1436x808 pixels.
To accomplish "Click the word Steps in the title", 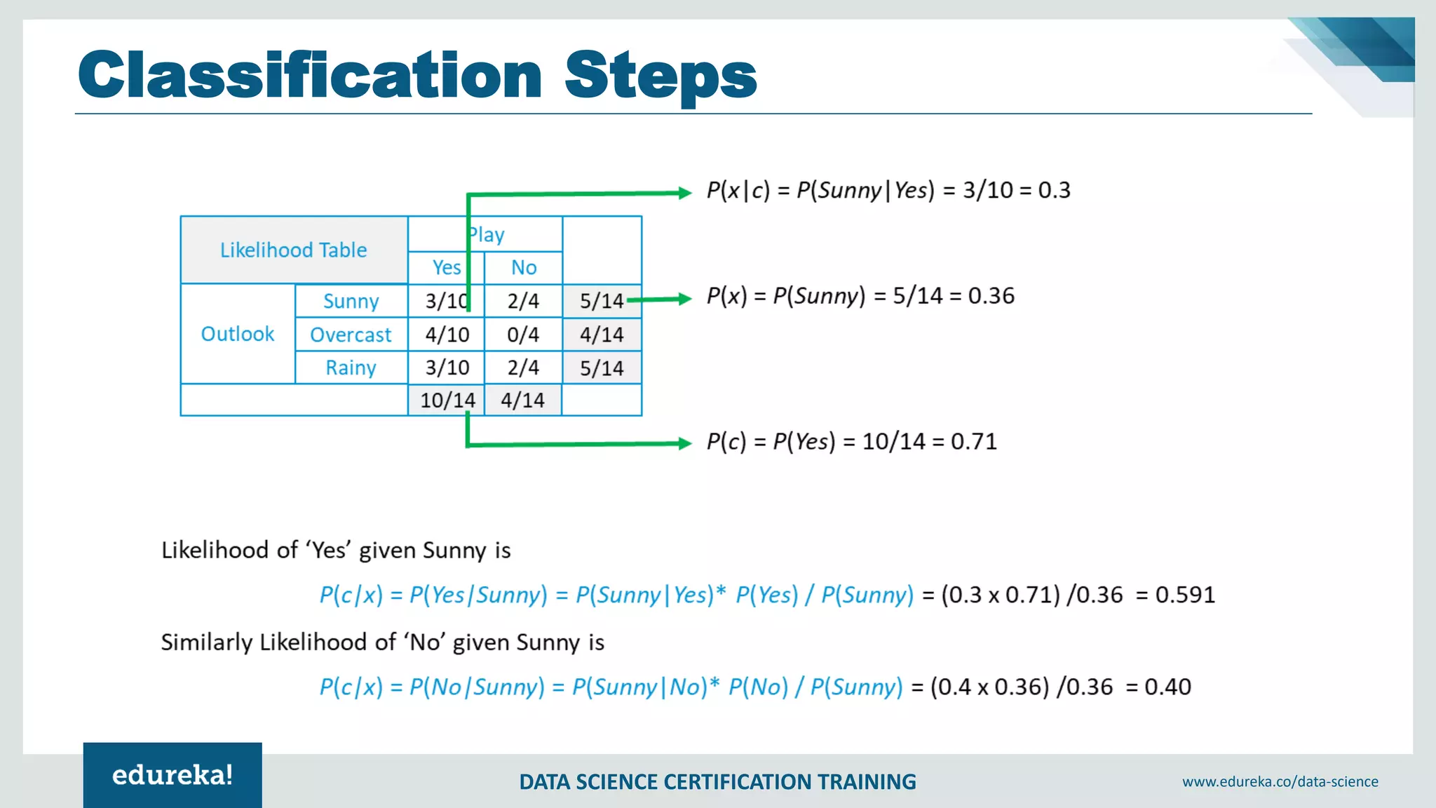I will (660, 76).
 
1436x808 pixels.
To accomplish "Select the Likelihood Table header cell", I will (294, 250).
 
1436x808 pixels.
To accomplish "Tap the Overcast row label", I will (351, 335).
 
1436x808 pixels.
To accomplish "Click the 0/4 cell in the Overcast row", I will (523, 335).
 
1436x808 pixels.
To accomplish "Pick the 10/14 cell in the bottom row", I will (447, 400).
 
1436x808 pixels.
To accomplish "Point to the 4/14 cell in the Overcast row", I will (602, 335).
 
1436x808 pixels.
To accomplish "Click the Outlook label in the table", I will (238, 334).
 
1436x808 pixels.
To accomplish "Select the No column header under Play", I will (524, 267).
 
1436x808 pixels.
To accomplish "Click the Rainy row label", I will (351, 368).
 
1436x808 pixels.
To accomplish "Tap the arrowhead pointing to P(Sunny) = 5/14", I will (684, 299).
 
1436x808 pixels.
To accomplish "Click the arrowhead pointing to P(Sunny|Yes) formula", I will (684, 193).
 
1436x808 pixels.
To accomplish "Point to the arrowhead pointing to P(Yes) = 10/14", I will (684, 443).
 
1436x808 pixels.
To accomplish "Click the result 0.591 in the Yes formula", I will (1185, 595).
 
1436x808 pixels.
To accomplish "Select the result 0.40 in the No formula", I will (1167, 687).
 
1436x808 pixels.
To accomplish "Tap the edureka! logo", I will (172, 775).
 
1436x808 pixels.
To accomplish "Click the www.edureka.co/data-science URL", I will (1280, 781).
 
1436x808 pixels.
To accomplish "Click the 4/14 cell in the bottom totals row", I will (523, 400).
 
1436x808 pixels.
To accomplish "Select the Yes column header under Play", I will (447, 267).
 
